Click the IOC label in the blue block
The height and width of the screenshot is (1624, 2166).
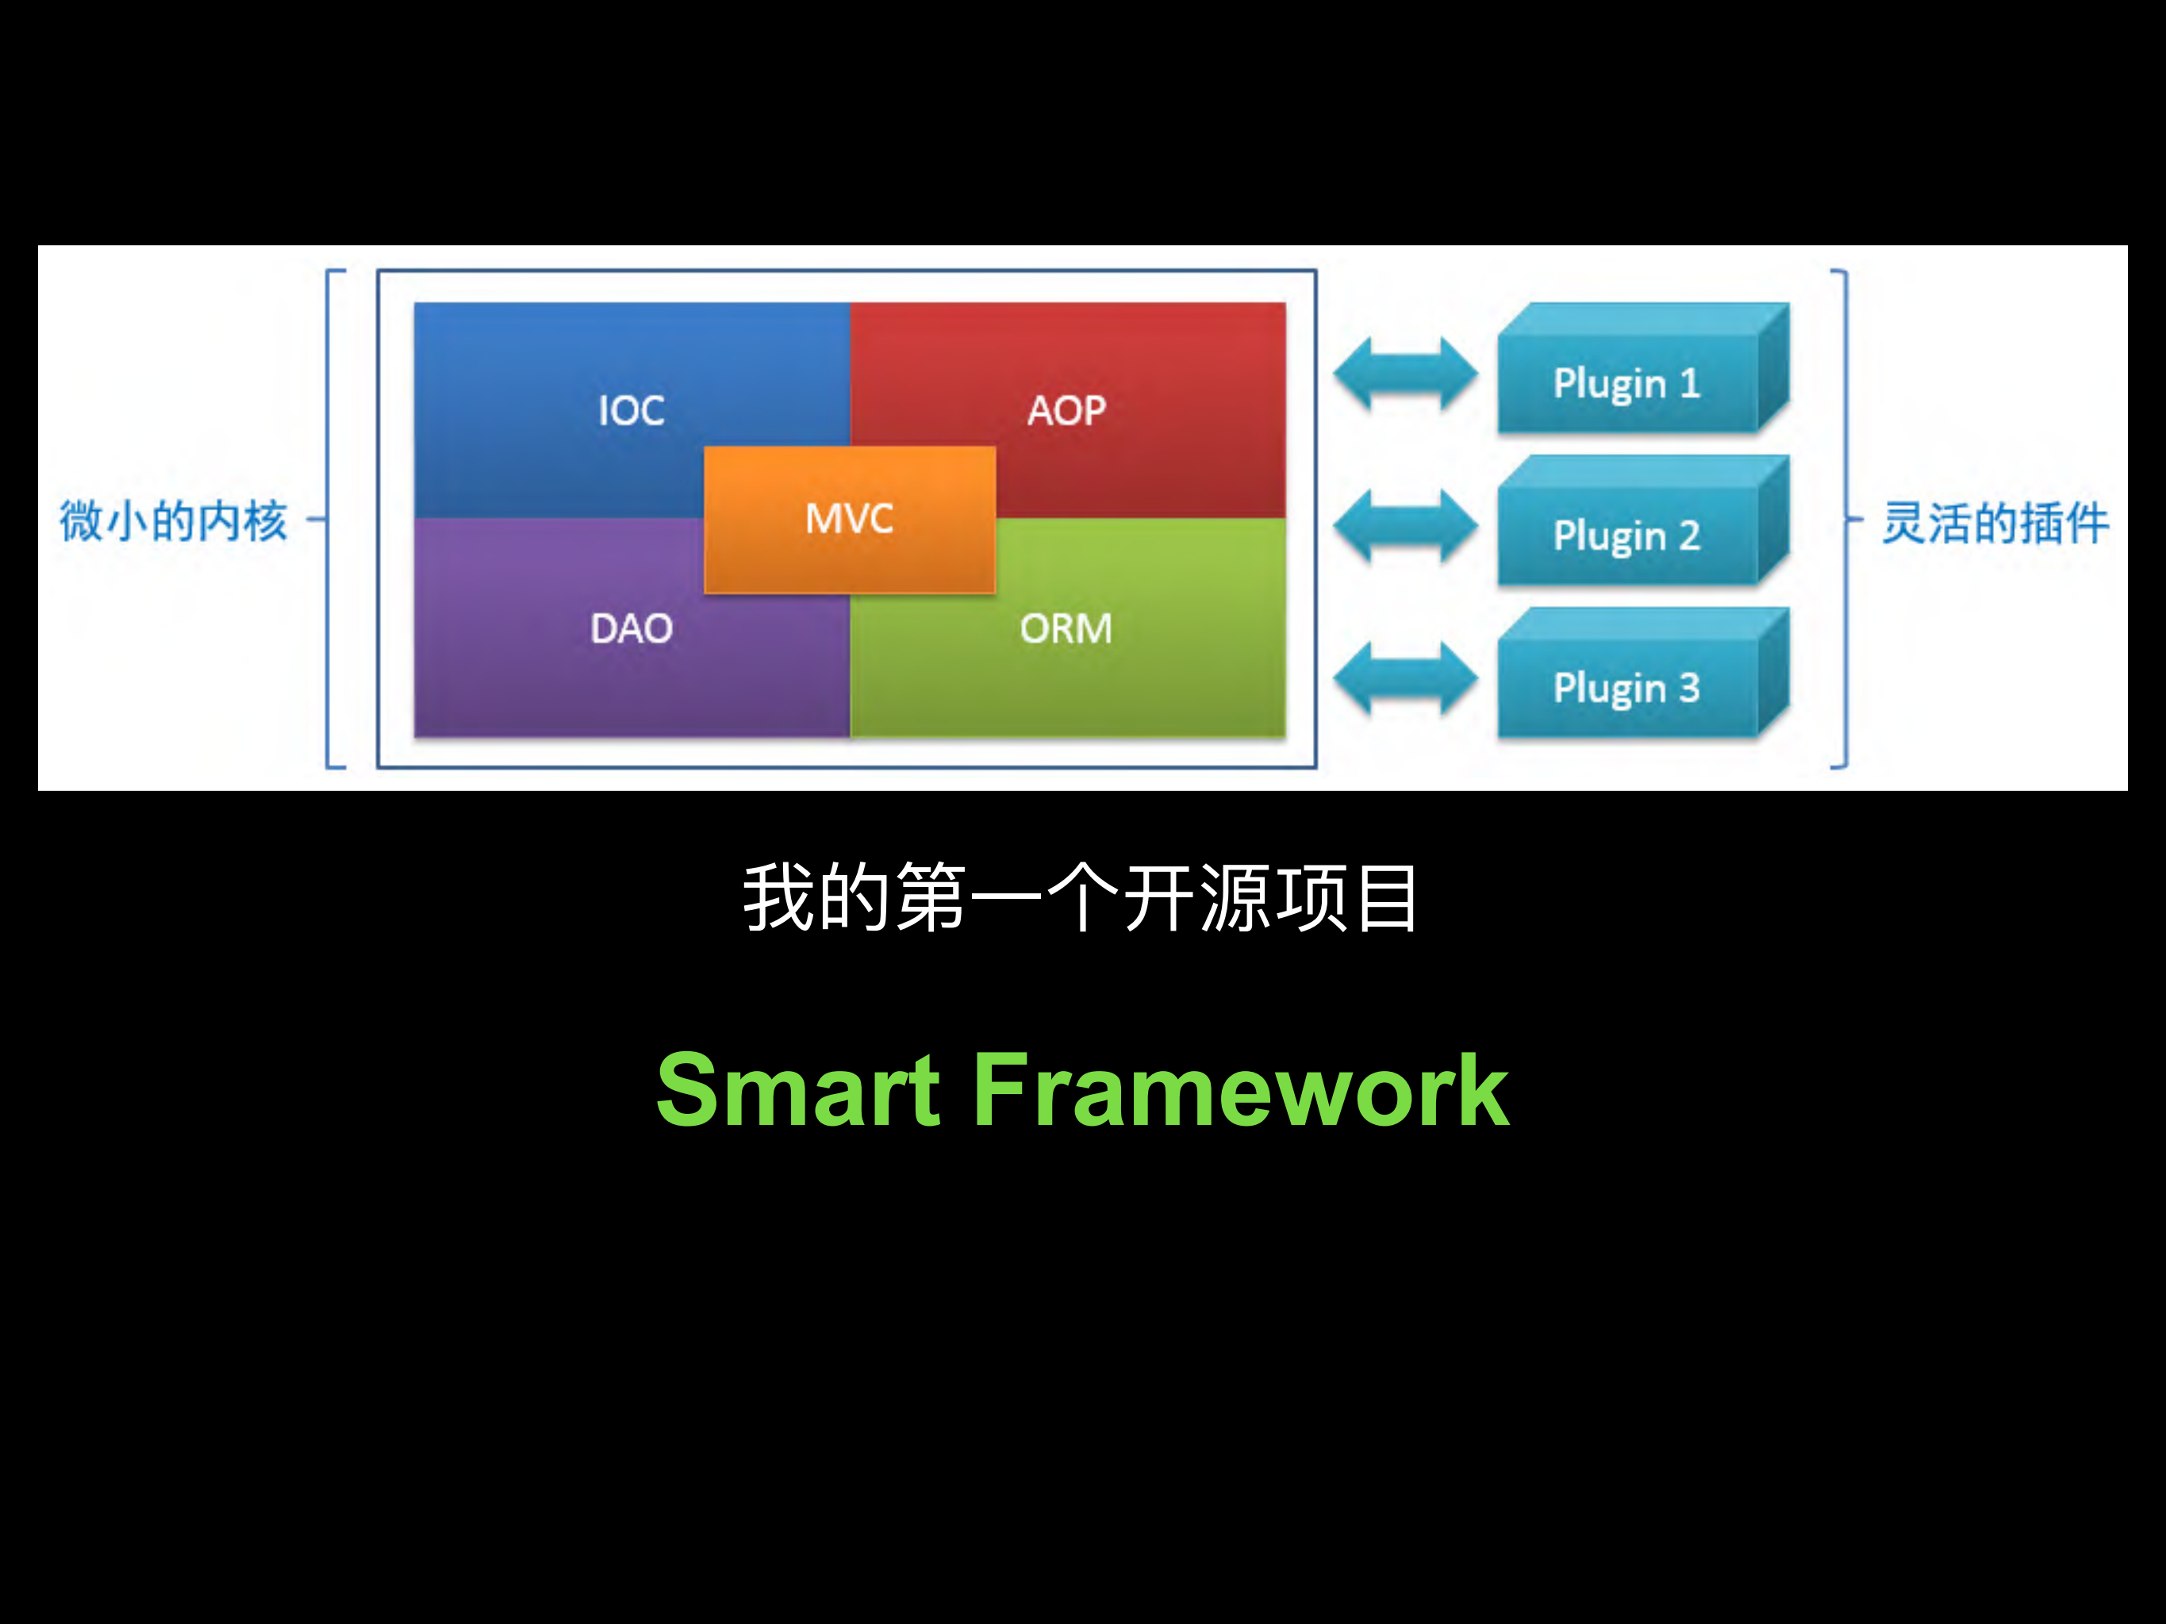[632, 410]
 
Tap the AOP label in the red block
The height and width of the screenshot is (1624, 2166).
[1066, 410]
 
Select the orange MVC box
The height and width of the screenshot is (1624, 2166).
[849, 519]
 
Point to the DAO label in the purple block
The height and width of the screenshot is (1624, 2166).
[632, 628]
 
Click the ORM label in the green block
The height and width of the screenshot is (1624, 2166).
[1066, 628]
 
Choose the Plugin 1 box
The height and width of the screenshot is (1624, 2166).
[1627, 382]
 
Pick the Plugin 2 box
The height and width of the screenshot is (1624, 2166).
[1627, 536]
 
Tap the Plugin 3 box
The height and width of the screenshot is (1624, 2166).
[1627, 688]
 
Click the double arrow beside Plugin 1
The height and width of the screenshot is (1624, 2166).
[1405, 373]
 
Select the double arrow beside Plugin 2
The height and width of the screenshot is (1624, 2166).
[1405, 526]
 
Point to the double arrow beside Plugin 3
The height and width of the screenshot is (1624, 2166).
[1405, 678]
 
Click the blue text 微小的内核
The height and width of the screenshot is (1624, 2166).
[173, 520]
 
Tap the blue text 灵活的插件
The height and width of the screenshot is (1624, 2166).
[1995, 522]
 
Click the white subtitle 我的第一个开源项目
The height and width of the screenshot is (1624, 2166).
[1081, 897]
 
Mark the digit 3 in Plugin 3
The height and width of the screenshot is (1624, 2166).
[1689, 687]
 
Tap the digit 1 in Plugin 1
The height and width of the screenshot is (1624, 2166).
[1690, 382]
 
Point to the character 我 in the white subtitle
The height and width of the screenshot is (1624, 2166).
[778, 897]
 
